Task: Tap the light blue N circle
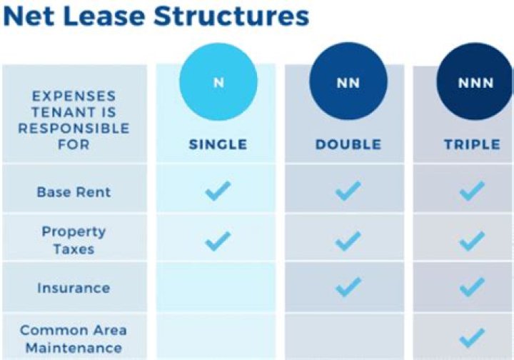tap(218, 82)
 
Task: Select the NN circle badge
tap(347, 83)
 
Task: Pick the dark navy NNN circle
tap(475, 83)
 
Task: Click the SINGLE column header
tap(218, 144)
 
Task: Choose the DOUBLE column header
tap(348, 144)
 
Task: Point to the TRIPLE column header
tap(472, 144)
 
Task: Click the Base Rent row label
tap(74, 192)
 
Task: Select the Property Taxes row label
tap(74, 240)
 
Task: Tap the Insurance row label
tap(74, 288)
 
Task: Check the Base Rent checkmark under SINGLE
tap(218, 191)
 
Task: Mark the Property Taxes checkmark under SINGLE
tap(218, 240)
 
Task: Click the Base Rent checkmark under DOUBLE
tap(348, 191)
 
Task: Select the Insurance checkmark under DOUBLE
tap(348, 288)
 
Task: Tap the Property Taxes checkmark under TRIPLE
tap(472, 241)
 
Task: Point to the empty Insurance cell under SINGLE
tap(218, 288)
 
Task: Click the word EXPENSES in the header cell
tap(74, 96)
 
